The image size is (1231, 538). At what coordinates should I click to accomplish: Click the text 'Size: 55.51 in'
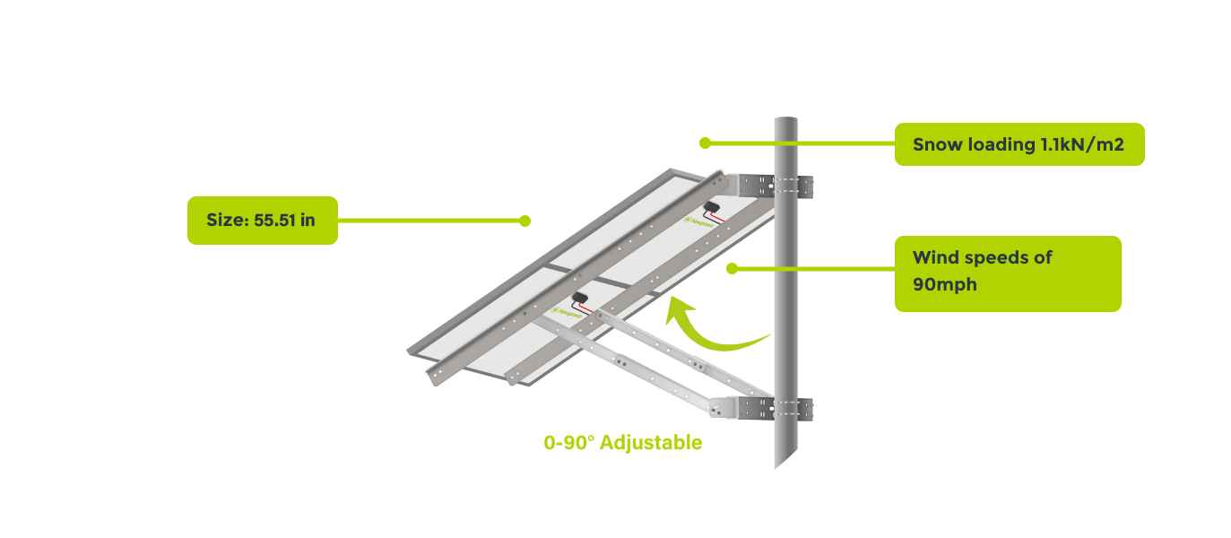click(x=261, y=220)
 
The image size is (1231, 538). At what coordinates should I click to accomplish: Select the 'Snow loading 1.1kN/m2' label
click(x=1018, y=144)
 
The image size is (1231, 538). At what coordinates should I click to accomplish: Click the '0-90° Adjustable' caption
click(x=623, y=443)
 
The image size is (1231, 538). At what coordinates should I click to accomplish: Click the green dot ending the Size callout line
click(x=525, y=221)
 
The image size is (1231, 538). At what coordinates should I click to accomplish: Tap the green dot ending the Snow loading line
click(x=705, y=143)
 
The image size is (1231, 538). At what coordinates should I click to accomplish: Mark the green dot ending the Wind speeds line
click(x=732, y=268)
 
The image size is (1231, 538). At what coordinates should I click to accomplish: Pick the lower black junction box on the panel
click(x=579, y=298)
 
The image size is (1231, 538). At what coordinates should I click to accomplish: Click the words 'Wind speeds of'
click(x=982, y=258)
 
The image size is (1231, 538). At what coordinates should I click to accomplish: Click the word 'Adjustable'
click(x=651, y=443)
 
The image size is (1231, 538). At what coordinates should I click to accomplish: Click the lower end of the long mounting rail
click(x=437, y=376)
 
